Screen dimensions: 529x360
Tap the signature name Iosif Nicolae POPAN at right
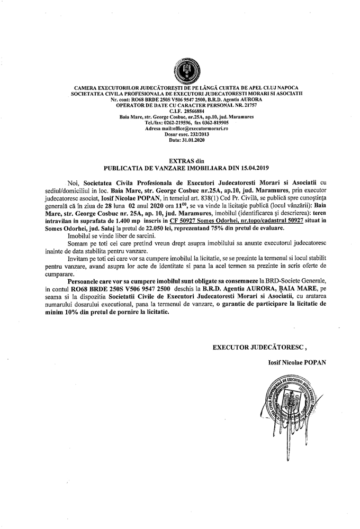[296, 362]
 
